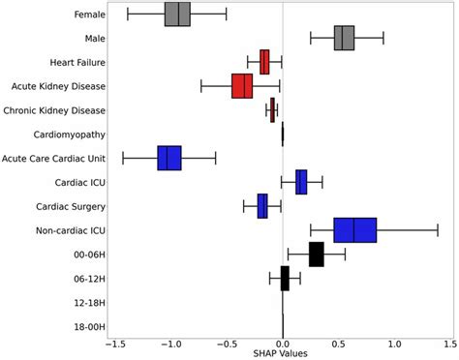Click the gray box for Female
tap(177, 15)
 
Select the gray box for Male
tap(344, 38)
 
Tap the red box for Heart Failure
tap(264, 62)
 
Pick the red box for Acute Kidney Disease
tap(242, 86)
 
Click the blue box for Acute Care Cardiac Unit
tap(169, 158)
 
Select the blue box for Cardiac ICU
tap(301, 182)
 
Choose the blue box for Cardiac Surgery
tap(262, 206)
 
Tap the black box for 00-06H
tap(317, 255)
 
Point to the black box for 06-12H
tap(285, 278)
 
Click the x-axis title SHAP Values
tap(282, 353)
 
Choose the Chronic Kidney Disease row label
tap(55, 110)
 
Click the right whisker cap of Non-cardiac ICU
tap(438, 230)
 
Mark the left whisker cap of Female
tap(128, 15)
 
